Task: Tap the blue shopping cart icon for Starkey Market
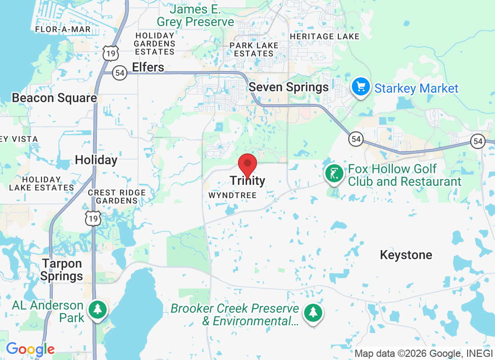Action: coord(360,87)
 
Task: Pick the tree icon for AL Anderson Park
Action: coord(97,310)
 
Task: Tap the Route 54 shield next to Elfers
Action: coord(119,73)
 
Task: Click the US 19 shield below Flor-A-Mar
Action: coord(111,53)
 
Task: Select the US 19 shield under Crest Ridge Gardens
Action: coord(93,218)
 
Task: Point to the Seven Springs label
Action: coord(288,87)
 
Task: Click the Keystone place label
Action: coord(406,255)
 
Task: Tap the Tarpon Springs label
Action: coord(62,270)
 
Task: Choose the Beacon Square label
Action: coord(54,98)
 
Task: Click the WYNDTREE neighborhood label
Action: coord(232,195)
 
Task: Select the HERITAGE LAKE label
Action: coord(325,36)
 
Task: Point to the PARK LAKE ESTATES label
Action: coord(254,49)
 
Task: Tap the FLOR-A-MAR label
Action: coord(63,29)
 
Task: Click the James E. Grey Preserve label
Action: coord(195,15)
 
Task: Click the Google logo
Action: coord(30,349)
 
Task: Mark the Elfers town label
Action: coord(148,67)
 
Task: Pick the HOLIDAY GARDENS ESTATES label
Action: coord(154,44)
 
